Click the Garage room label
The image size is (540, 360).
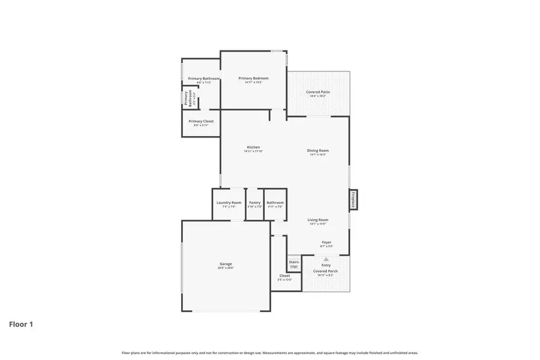pyautogui.click(x=226, y=264)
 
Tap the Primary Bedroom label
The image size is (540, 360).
pyautogui.click(x=253, y=79)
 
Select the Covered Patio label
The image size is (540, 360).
pyautogui.click(x=317, y=92)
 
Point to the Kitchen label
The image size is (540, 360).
pyautogui.click(x=253, y=147)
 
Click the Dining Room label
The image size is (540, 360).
pyautogui.click(x=317, y=151)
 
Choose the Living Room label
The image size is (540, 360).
pyautogui.click(x=317, y=220)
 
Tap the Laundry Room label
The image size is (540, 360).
pyautogui.click(x=229, y=203)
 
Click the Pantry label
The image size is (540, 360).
pyautogui.click(x=255, y=203)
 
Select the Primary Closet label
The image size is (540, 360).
pyautogui.click(x=201, y=121)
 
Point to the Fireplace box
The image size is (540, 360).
pyautogui.click(x=353, y=200)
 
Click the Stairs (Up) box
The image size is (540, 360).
pyautogui.click(x=294, y=264)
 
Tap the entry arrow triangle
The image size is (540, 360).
pyautogui.click(x=326, y=259)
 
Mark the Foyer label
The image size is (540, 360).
pyautogui.click(x=326, y=242)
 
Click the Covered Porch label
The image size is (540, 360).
pyautogui.click(x=326, y=271)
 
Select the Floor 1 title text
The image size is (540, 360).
pyautogui.click(x=21, y=325)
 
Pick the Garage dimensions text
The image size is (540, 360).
pyautogui.click(x=226, y=268)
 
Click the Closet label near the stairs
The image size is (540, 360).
pyautogui.click(x=284, y=276)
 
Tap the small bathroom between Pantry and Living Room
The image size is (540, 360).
pyautogui.click(x=275, y=203)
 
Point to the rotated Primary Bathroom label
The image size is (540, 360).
pyautogui.click(x=191, y=98)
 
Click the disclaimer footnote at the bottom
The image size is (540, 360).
pyautogui.click(x=270, y=353)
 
